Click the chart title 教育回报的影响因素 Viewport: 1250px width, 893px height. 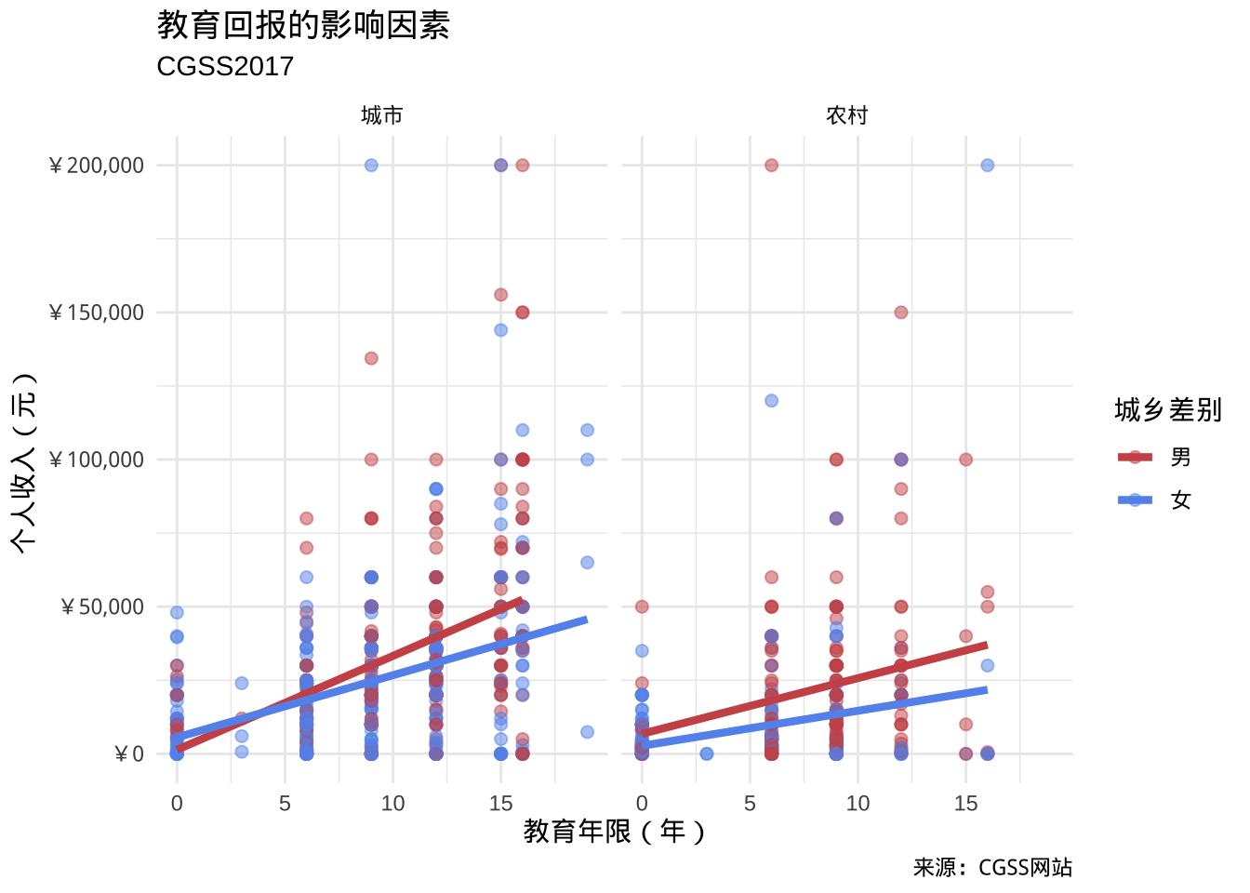[x=303, y=25]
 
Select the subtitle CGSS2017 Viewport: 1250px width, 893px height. [x=225, y=67]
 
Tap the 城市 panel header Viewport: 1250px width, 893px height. [x=381, y=115]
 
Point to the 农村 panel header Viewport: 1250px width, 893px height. [x=846, y=115]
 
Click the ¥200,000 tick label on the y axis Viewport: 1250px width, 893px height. [x=97, y=166]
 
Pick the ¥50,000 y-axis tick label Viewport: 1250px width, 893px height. [x=102, y=607]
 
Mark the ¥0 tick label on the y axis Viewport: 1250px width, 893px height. [x=129, y=754]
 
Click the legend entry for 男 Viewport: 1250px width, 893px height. [x=1180, y=457]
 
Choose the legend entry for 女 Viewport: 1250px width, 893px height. [x=1180, y=500]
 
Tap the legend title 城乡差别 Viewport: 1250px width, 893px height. [x=1167, y=410]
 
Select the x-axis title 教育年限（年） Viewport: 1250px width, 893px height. [x=614, y=831]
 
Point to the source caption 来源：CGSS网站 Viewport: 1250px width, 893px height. [x=992, y=868]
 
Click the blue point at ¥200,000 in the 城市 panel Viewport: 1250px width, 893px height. [x=371, y=166]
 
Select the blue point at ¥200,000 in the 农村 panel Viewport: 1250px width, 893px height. [x=987, y=166]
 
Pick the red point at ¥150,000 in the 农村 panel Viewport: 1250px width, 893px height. [x=900, y=313]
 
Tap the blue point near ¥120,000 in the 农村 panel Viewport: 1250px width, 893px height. [x=771, y=401]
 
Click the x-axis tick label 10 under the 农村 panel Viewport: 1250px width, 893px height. [x=858, y=804]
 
